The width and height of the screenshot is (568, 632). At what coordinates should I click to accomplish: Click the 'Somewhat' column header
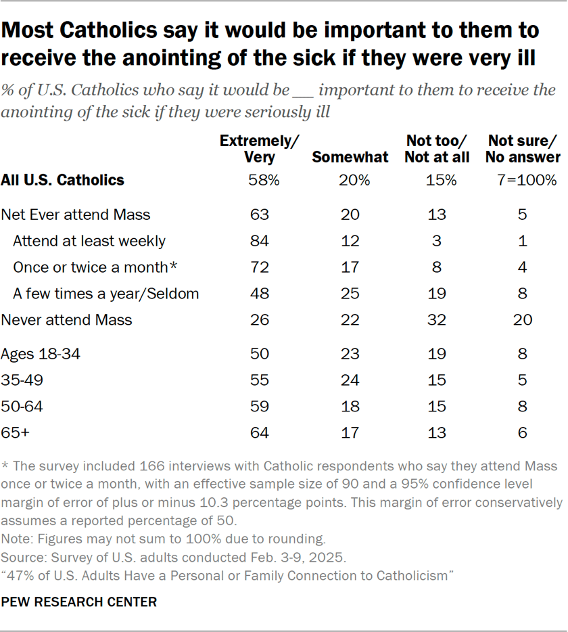pos(350,157)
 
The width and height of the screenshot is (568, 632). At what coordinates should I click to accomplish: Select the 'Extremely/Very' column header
pos(260,149)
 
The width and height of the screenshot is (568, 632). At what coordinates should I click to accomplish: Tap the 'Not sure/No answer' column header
pos(524,149)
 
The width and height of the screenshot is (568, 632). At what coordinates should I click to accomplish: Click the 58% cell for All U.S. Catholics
pos(260,180)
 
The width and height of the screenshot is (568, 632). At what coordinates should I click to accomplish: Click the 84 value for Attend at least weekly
pos(260,241)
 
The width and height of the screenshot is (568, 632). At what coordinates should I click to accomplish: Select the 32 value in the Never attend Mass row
pos(436,319)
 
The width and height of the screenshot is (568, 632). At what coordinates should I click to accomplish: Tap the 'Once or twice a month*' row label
pos(95,267)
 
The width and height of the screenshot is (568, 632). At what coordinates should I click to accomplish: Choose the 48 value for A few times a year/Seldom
pos(260,294)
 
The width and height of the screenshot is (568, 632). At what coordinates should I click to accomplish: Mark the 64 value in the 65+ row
pos(260,432)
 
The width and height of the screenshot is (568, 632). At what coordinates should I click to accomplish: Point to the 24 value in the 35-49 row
pos(350,380)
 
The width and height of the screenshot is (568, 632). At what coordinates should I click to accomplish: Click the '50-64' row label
pos(22,406)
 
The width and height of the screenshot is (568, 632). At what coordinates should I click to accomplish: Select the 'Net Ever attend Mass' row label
pos(76,215)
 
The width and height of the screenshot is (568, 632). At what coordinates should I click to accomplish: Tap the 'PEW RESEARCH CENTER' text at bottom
pos(79,602)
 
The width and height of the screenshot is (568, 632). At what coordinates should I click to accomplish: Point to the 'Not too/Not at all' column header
pos(436,149)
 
